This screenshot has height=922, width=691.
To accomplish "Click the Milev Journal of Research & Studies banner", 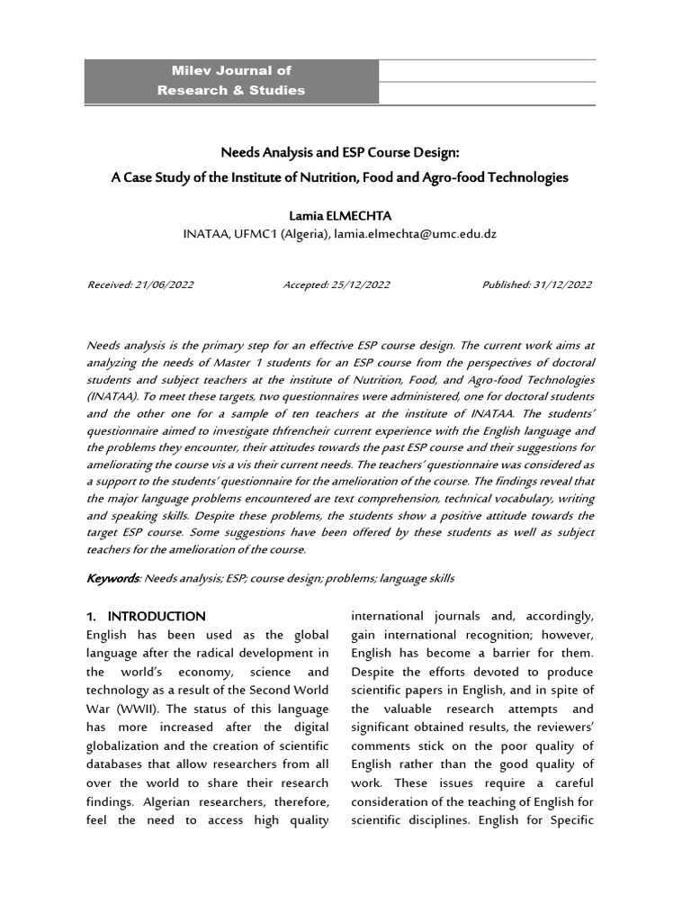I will (x=231, y=80).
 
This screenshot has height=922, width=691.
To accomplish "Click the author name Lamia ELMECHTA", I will (x=340, y=216).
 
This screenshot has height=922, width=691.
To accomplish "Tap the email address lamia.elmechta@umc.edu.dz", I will (x=416, y=234).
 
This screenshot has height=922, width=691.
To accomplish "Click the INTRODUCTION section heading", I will (x=157, y=617).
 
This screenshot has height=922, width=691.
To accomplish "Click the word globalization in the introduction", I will (x=126, y=746).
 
